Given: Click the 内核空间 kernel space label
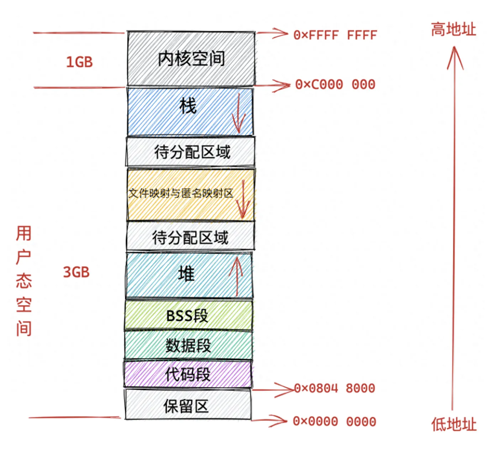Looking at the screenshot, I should click(191, 59).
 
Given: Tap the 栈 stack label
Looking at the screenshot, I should click(188, 106).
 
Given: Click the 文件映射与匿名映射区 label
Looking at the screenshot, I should click(181, 193).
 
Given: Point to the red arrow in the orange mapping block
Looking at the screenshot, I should click(243, 199).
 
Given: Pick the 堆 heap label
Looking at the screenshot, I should click(186, 274).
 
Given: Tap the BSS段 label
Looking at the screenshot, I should click(187, 316).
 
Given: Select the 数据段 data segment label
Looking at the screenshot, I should click(188, 345).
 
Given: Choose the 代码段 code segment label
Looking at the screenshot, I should click(188, 374).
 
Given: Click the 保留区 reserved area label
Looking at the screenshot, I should click(186, 406).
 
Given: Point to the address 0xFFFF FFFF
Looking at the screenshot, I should click(335, 35).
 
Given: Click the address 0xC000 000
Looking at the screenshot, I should click(335, 85).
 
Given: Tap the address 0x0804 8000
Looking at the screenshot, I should click(335, 388).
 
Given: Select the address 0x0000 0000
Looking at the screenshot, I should click(335, 422).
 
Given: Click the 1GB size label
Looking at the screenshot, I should click(79, 62).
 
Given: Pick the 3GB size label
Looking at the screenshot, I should click(77, 272).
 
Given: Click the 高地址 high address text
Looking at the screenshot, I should click(453, 29).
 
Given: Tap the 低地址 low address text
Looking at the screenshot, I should click(454, 425).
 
